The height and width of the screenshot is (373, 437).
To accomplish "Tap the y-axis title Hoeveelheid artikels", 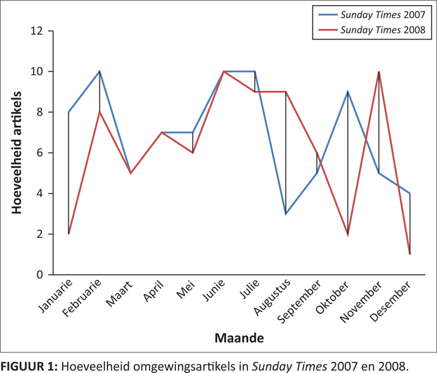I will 16,153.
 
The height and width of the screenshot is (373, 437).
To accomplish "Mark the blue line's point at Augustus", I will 286,214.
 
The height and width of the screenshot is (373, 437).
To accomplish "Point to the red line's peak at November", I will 379,72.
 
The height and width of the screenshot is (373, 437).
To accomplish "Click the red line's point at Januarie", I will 68,234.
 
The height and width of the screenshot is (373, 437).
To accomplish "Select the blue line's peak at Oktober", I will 348,92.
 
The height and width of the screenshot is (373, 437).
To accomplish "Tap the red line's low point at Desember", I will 410,254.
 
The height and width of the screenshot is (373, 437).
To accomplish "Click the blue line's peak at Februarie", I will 99,72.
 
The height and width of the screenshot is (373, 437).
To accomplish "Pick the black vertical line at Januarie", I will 68,174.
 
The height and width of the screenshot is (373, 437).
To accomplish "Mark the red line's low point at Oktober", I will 348,234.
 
